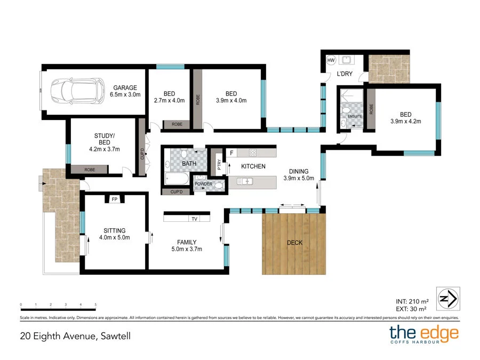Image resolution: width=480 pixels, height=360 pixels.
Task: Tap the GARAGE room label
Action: point(125,87)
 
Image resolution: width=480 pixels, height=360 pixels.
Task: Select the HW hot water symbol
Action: point(331,61)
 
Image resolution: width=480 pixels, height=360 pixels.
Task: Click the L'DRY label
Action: point(344,74)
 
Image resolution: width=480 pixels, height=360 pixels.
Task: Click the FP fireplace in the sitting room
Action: point(114,199)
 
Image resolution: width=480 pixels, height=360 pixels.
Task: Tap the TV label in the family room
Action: point(194,219)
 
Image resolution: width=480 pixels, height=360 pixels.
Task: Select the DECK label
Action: point(294,243)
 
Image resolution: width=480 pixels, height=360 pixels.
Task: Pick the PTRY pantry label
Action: point(219,164)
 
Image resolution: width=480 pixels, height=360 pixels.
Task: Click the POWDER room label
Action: point(203,184)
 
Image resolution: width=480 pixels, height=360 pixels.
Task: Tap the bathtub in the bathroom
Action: point(176,178)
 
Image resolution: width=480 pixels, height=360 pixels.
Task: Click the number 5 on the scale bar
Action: point(95,305)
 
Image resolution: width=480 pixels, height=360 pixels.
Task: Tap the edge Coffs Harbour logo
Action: point(423,334)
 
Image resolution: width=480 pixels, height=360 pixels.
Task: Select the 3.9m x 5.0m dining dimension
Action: point(299,178)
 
